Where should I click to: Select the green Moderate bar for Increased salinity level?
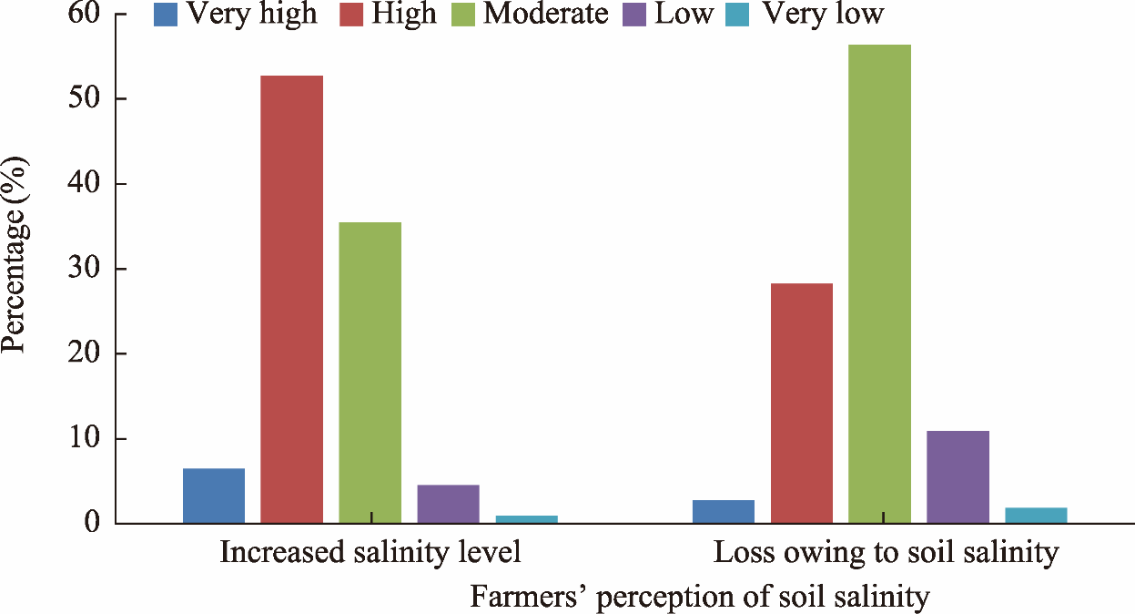point(370,373)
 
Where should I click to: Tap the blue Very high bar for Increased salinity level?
point(213,496)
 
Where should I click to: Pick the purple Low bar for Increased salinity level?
point(448,504)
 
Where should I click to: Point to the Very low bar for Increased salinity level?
point(526,519)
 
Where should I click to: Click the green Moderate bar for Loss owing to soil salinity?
point(879,283)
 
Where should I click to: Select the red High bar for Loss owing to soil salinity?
point(801,403)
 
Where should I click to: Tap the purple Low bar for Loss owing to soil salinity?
point(958,476)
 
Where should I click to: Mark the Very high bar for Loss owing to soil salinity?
point(723,511)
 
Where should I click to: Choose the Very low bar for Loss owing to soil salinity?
point(1036,515)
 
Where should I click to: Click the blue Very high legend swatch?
point(165,15)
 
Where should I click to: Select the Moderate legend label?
point(545,14)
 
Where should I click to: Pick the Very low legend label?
point(823,14)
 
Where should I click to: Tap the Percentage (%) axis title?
point(16,255)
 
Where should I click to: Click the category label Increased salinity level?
point(370,553)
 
